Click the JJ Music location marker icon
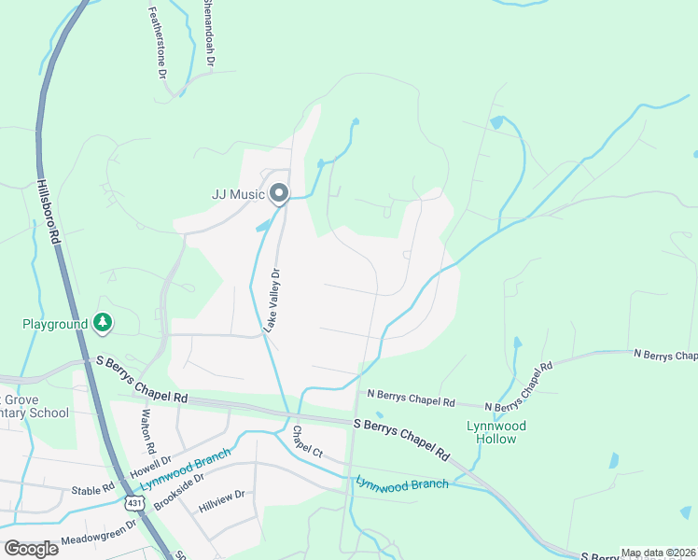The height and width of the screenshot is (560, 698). tap(278, 194)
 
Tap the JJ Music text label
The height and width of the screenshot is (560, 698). tap(238, 195)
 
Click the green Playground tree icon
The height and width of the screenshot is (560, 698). tap(103, 323)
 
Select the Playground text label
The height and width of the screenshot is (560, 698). tap(55, 324)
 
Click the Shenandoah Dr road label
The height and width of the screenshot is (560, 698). tap(210, 34)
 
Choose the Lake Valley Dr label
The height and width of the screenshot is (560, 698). tap(272, 301)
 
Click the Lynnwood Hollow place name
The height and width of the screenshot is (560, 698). tap(496, 432)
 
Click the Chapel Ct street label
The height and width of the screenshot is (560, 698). tap(307, 441)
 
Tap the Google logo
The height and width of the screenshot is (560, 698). tap(31, 548)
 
